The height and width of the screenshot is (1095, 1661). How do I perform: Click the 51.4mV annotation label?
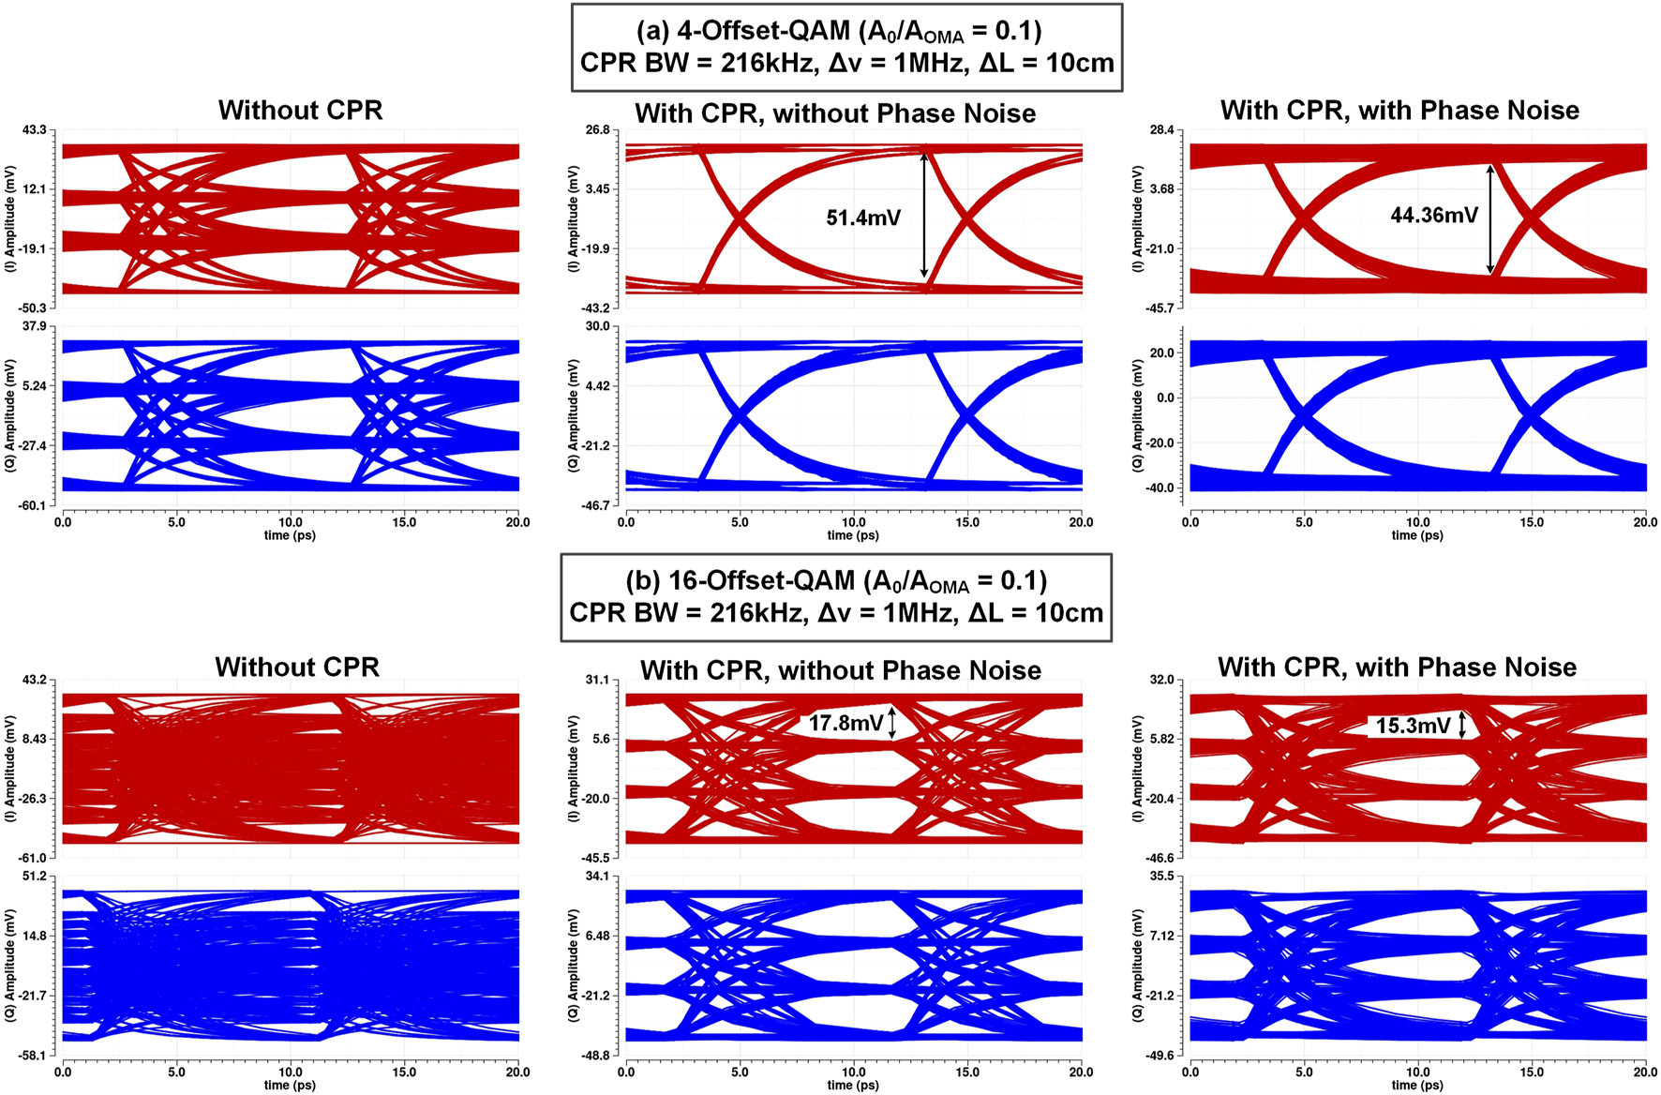[862, 218]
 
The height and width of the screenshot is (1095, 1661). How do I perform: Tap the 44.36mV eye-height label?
[1433, 216]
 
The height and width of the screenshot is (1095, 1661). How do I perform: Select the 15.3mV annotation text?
[1413, 726]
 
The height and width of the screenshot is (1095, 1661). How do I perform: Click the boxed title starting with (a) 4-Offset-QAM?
[846, 47]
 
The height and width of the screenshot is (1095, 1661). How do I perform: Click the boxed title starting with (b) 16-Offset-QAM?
[836, 597]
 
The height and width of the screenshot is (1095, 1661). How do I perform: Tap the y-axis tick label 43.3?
[34, 129]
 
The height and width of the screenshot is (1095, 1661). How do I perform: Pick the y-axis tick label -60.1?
[33, 505]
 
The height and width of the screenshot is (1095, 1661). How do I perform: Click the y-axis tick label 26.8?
[597, 129]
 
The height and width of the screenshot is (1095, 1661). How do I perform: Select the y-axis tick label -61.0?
[33, 858]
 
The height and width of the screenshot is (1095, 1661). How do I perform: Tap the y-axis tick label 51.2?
[34, 876]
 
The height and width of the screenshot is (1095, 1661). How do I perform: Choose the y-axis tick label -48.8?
[596, 1056]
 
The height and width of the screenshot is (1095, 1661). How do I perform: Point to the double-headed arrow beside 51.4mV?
[924, 216]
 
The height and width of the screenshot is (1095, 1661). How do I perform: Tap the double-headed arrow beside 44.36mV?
[1490, 218]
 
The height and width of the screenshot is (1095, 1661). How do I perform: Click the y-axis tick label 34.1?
[597, 876]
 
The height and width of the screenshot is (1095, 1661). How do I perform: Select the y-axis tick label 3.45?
[597, 189]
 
